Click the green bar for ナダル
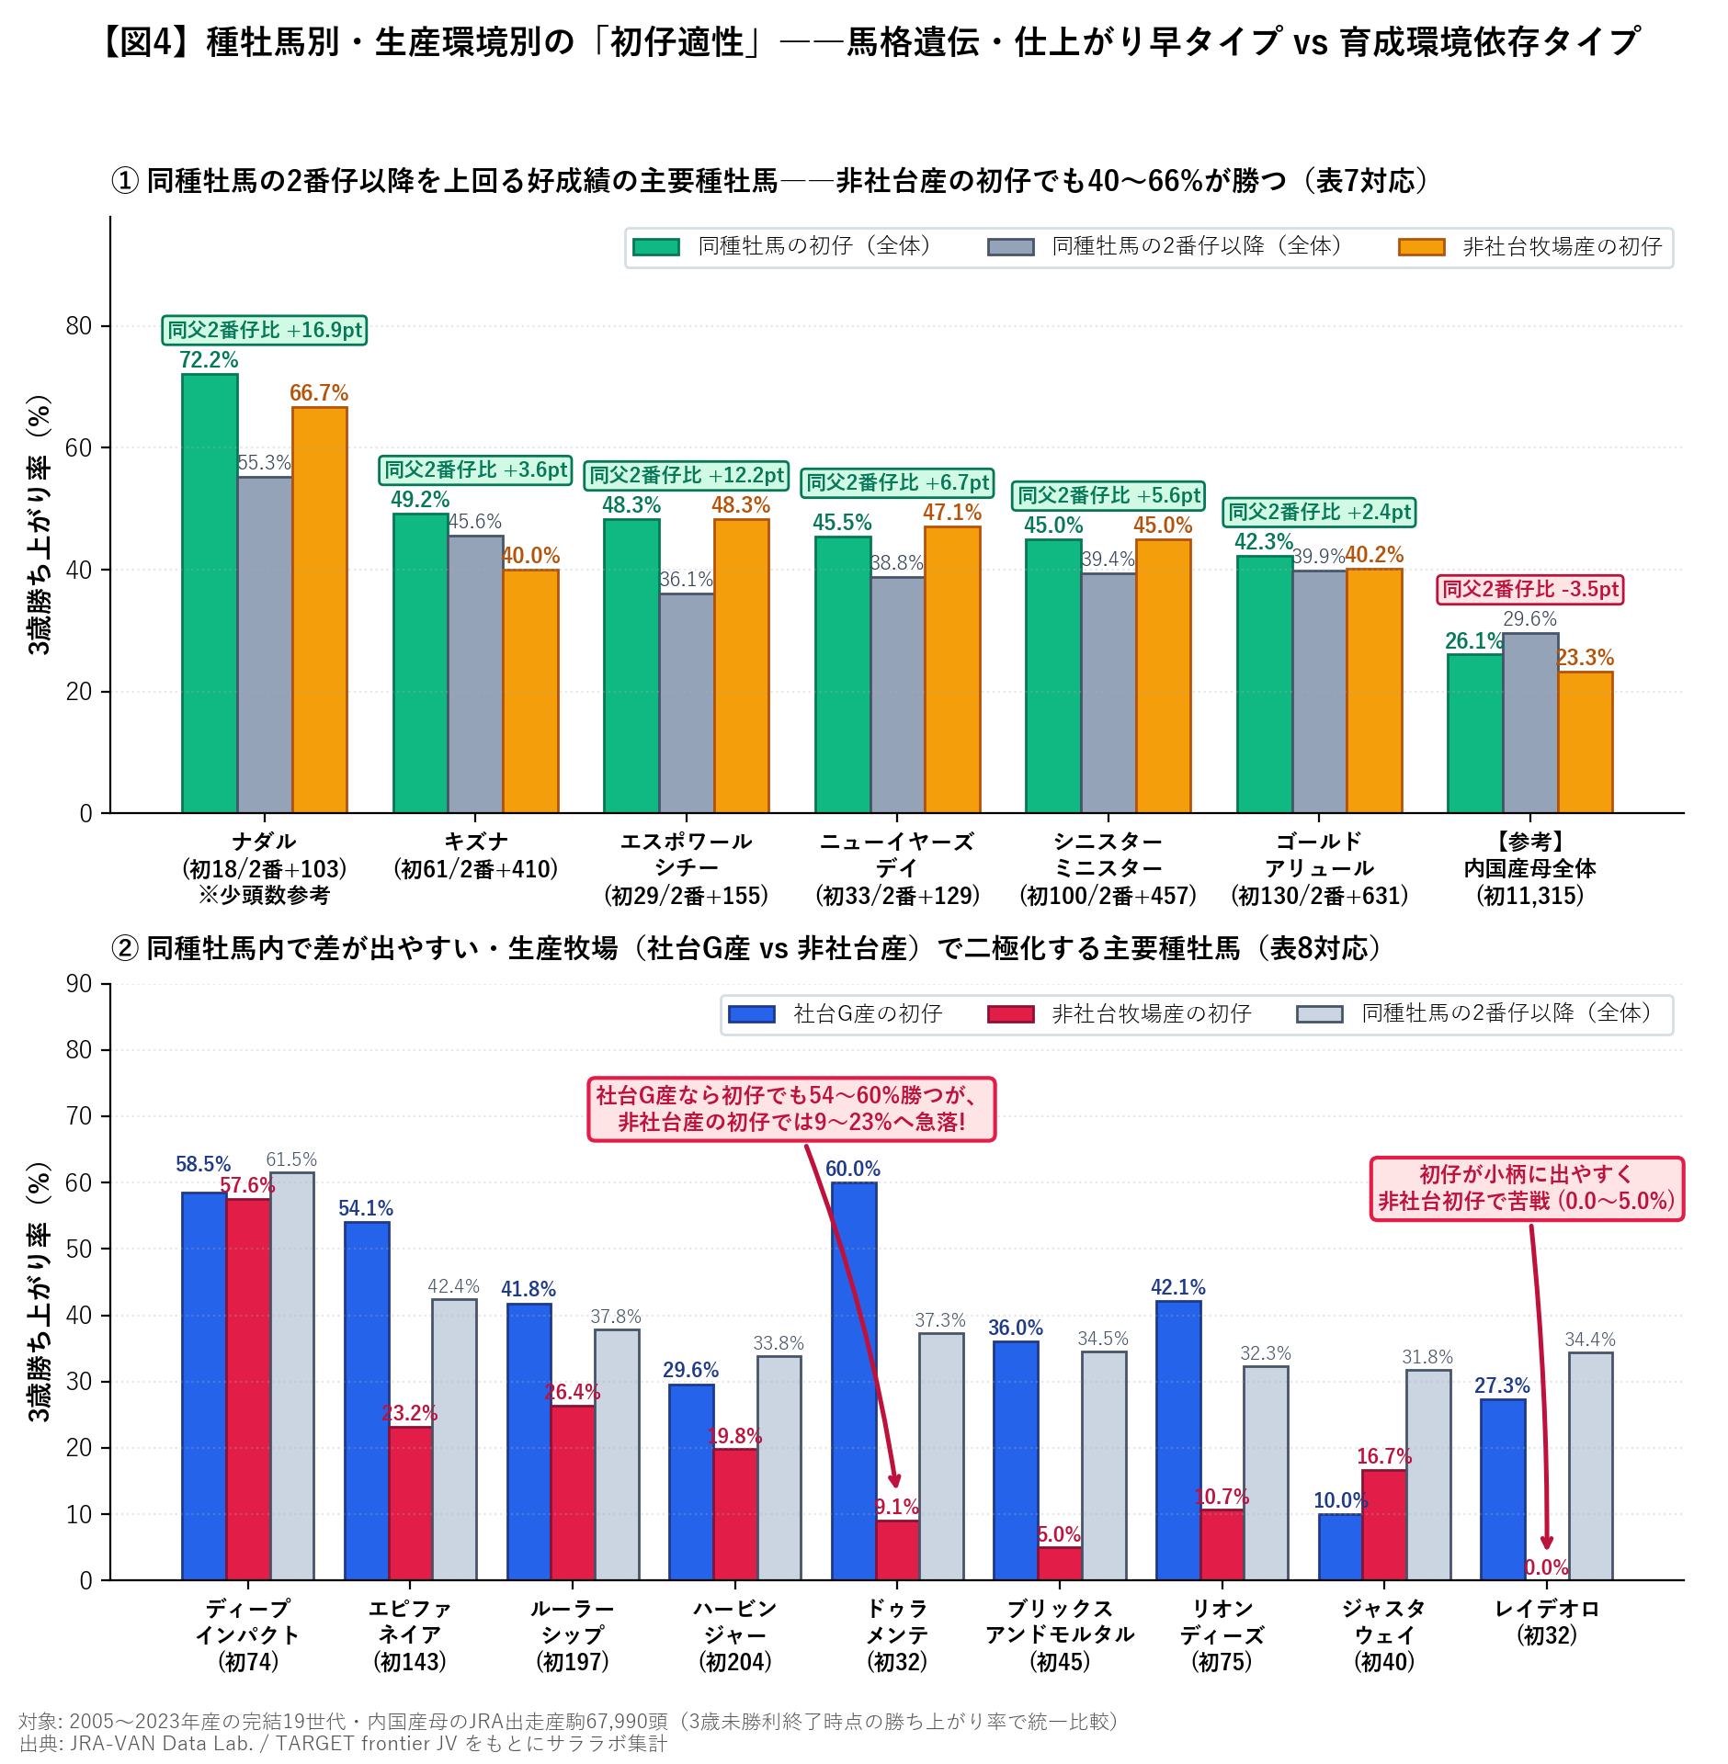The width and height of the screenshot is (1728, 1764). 210,594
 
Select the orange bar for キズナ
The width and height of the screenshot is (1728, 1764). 530,691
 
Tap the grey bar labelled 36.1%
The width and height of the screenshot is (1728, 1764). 687,703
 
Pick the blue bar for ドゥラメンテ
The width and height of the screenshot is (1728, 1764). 854,1381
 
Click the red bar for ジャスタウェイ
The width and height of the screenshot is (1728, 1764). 1384,1525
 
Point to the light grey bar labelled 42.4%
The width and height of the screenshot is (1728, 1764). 454,1440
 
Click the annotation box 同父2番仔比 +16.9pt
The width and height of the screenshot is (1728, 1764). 265,330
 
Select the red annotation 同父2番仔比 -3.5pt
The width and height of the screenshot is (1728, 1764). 1530,589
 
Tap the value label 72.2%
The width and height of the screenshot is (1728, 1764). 209,360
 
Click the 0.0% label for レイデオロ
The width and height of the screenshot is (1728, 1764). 1547,1567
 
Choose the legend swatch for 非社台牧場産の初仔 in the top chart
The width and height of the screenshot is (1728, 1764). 1421,247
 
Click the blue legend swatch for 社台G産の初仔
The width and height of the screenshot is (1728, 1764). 752,1014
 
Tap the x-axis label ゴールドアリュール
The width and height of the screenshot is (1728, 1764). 1319,854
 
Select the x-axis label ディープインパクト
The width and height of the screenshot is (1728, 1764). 248,1622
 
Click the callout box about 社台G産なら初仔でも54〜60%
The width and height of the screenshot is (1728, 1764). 791,1109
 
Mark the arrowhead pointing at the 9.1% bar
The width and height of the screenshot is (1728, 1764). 895,1481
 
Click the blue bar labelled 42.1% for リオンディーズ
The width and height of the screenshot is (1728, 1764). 1178,1441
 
